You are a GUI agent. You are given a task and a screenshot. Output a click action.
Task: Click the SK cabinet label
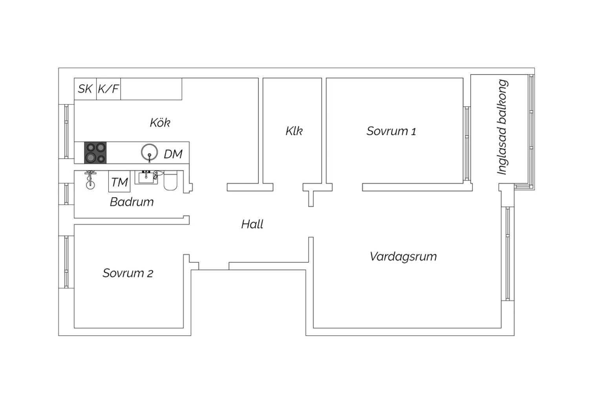tap(85, 89)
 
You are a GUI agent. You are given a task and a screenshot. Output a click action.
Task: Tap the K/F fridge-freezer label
tap(108, 89)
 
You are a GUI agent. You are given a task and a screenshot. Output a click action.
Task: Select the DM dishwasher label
tap(173, 154)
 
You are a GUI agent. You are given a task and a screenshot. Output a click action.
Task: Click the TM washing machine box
tap(119, 181)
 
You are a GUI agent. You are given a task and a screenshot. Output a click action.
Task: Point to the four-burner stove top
tap(95, 153)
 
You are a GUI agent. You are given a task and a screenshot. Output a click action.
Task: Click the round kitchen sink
tap(149, 152)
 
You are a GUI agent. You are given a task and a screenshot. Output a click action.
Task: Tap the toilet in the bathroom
tap(170, 180)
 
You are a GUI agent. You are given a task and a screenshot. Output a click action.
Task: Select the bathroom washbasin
tap(146, 177)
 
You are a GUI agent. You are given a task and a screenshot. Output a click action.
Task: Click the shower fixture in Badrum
tap(90, 180)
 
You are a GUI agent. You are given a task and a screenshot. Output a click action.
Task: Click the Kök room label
tap(160, 123)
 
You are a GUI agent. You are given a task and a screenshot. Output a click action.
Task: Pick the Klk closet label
tap(294, 131)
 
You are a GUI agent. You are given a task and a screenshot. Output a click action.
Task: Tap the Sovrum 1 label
tap(391, 131)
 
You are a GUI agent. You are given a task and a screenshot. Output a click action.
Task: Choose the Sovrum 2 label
tap(128, 273)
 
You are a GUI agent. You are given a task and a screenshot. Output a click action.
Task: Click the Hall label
tap(252, 224)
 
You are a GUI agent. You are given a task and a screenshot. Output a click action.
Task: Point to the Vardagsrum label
tap(403, 257)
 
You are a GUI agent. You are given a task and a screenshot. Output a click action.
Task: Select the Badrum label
tap(132, 202)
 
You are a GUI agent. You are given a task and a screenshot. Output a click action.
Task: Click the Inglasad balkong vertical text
tap(502, 127)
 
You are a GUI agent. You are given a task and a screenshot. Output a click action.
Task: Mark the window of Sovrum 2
tap(66, 262)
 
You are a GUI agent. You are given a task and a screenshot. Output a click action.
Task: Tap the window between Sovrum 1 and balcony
tap(467, 144)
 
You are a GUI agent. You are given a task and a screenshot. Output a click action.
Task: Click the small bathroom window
tap(66, 194)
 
